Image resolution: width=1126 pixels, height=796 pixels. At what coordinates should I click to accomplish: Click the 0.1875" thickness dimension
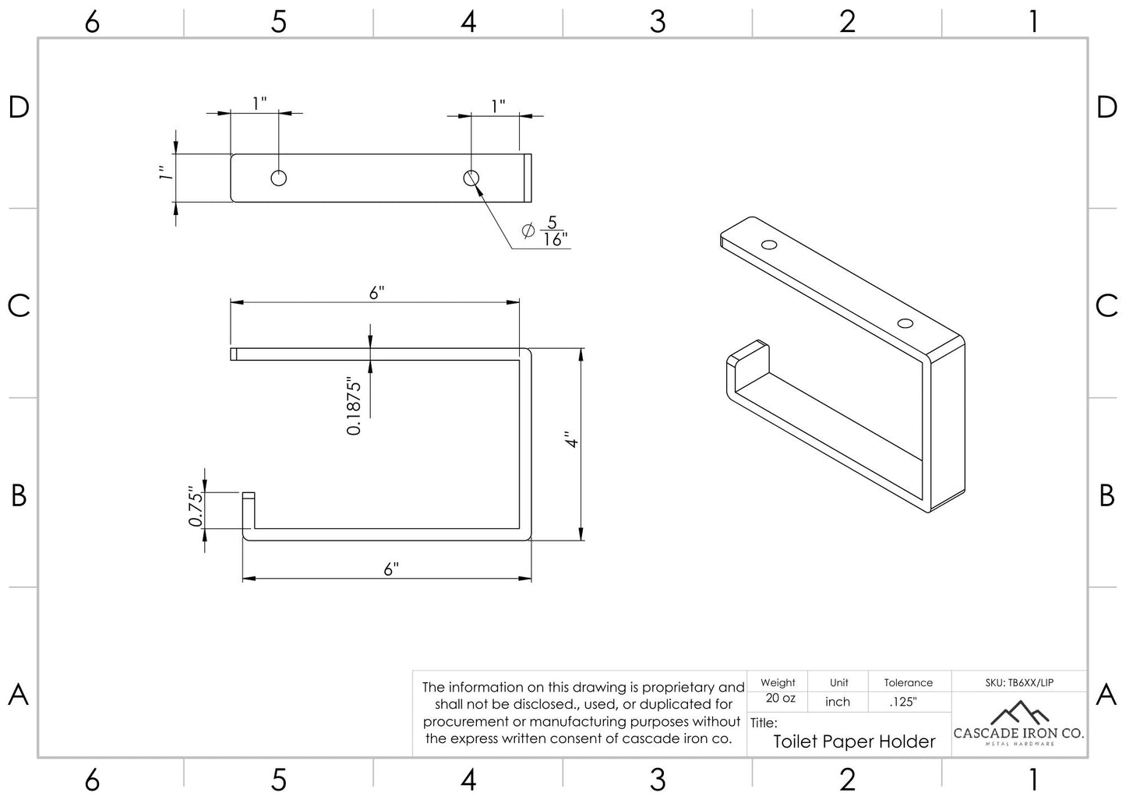[x=355, y=407]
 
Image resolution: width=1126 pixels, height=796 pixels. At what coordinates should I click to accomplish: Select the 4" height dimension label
[x=574, y=440]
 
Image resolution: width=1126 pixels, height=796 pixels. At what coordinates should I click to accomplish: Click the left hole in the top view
[x=278, y=178]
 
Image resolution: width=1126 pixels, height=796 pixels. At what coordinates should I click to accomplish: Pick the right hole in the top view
[x=471, y=178]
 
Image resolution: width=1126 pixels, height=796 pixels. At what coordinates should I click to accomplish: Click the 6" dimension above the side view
[x=377, y=292]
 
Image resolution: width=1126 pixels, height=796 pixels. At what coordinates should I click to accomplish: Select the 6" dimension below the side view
[x=391, y=569]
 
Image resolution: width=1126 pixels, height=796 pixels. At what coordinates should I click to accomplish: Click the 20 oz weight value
[x=780, y=699]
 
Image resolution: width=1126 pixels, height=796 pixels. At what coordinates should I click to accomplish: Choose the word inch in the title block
[x=838, y=702]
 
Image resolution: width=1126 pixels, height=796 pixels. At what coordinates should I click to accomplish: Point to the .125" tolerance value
[x=903, y=702]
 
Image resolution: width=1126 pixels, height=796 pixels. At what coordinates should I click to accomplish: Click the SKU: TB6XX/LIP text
[x=1018, y=683]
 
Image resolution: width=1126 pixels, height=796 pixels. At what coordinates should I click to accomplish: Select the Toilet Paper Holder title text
[x=854, y=741]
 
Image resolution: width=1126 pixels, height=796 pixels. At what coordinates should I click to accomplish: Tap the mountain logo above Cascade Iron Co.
[x=1018, y=711]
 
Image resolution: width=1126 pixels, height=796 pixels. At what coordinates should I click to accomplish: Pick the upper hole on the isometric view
[x=770, y=245]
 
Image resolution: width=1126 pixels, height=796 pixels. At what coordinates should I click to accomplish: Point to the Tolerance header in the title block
[x=908, y=683]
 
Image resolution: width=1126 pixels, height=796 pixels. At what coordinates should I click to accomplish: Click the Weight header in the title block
[x=778, y=683]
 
